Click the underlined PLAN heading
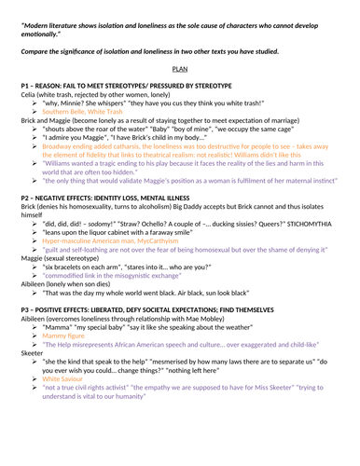coord(180,69)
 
